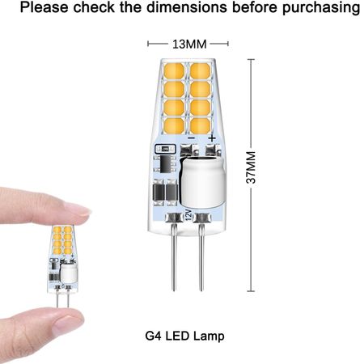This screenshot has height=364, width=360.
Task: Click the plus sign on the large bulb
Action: pos(212,138)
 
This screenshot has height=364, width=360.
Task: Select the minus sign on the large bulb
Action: pos(191,138)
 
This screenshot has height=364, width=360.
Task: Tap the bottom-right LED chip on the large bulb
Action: pos(201,124)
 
